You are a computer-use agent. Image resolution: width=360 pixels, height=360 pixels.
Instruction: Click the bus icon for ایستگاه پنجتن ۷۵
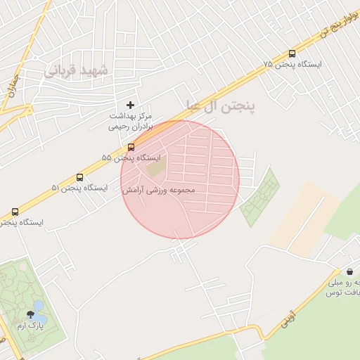(292, 54)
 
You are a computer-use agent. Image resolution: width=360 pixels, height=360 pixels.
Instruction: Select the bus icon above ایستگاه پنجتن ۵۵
(131, 147)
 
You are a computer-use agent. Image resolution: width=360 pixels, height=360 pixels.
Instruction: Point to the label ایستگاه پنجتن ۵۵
(131, 157)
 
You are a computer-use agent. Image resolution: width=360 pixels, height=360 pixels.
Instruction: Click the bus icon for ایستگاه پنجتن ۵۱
(79, 177)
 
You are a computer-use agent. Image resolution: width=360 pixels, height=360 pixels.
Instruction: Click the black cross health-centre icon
(130, 105)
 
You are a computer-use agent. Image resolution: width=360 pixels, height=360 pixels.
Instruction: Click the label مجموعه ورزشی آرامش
(158, 190)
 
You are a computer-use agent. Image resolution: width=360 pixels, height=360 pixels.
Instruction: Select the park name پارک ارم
(30, 327)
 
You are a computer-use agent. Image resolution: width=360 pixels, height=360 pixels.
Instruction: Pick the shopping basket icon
(349, 271)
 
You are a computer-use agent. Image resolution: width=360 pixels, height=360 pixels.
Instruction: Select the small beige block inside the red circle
(155, 169)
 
